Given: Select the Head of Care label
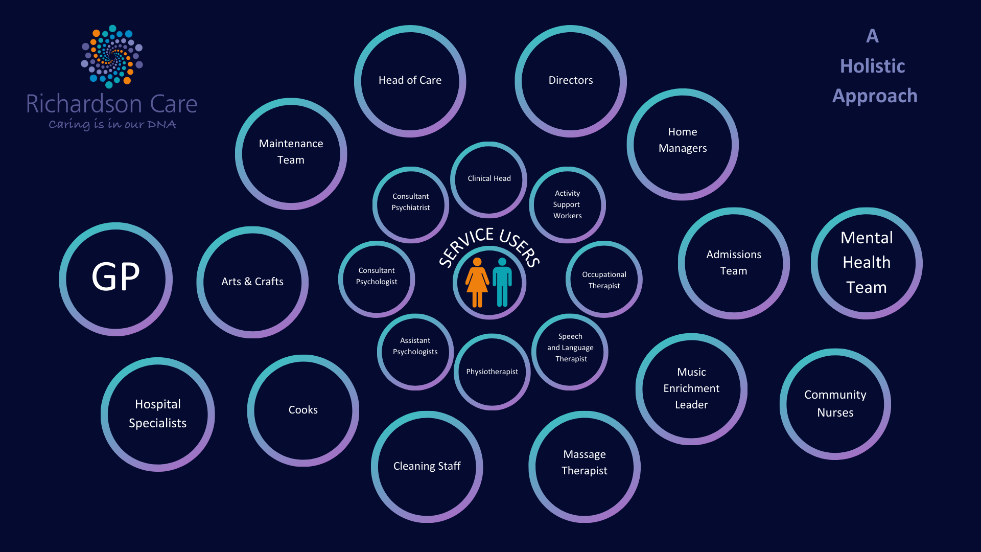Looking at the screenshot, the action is pos(410,80).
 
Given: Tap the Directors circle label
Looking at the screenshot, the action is pos(571,80).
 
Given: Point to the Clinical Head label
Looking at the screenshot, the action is pos(489,178).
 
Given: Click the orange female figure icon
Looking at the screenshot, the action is pos(477,282).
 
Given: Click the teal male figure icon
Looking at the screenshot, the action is pos(502,282).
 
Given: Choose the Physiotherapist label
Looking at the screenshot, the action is pos(492,372).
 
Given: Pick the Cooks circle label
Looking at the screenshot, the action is pos(303,410).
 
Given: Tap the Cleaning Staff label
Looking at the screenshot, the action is pos(427,466).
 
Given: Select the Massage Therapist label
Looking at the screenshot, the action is pos(585,463).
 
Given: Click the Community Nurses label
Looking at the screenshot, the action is pos(835,403).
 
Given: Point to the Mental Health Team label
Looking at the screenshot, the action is pos(867,262).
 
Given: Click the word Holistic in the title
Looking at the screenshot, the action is pos(873,66).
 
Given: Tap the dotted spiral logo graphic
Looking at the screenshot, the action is pos(112,56).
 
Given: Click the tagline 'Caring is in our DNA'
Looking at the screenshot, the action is pos(112,124).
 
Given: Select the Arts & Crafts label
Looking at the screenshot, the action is pos(252,282).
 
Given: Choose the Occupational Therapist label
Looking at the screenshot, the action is pos(604,280).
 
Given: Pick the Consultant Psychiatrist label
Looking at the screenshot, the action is pos(411,202).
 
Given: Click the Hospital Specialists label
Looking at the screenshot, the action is pos(157,413).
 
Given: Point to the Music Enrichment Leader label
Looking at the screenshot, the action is pos(691,388).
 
